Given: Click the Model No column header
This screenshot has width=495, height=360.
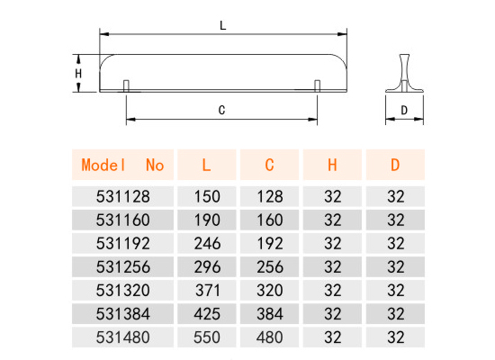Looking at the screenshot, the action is [122, 165].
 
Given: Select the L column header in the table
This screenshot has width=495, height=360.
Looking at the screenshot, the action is [206, 165].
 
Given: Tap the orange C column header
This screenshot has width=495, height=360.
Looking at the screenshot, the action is [269, 165].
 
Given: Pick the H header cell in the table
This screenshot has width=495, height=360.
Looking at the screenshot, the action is [332, 165].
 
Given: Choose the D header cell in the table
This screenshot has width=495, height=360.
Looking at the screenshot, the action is [395, 165].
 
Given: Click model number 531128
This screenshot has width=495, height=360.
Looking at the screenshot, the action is [122, 196].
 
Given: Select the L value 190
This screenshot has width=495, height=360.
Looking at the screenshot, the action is [207, 220].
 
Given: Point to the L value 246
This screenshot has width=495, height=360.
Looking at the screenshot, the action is [207, 244].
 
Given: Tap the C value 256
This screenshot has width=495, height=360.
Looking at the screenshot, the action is [270, 266].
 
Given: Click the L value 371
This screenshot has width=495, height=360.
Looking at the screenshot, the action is [207, 290].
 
